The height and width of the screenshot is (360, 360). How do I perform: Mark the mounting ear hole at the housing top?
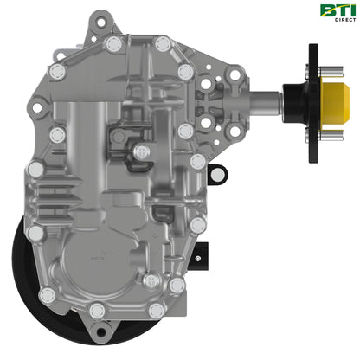(101, 18)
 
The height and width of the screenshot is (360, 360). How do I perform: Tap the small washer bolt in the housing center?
(144, 151)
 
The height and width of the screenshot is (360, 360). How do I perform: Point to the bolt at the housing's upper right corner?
(183, 72)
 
